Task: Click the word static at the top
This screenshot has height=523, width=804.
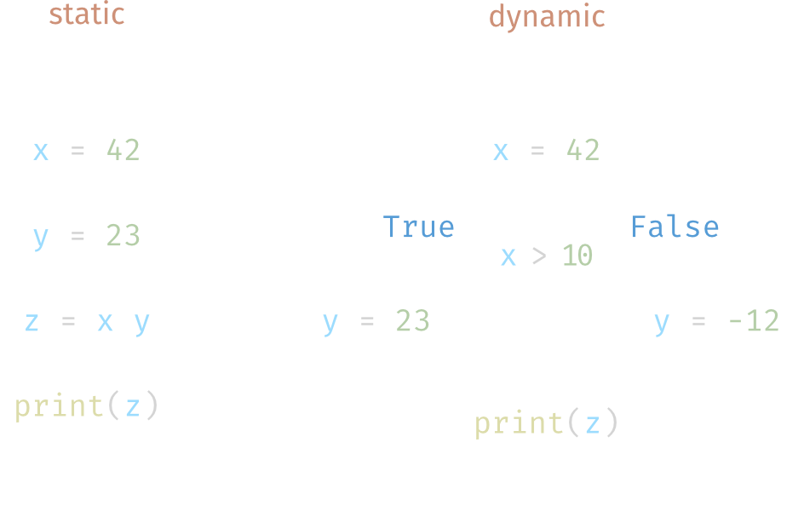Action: coord(86,15)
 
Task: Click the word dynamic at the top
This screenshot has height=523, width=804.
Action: coord(546,17)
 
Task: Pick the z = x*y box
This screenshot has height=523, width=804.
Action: coord(86,322)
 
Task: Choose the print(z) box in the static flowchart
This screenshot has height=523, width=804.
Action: coord(86,406)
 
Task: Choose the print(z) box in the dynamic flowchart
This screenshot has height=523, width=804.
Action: coord(546,423)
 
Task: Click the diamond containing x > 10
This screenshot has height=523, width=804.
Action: coord(546,256)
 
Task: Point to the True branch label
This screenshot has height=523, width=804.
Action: coord(418,227)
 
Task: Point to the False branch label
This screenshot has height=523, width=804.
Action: coord(674,227)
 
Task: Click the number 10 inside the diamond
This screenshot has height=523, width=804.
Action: coord(577,256)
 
